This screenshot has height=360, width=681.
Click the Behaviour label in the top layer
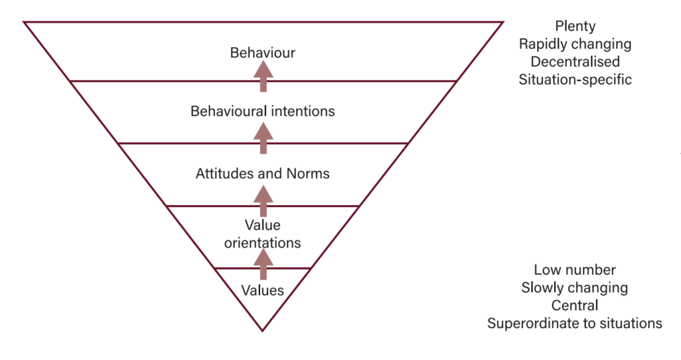[x=263, y=52]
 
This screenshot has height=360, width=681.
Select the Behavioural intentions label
[x=263, y=111]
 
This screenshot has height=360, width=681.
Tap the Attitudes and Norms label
[x=263, y=174]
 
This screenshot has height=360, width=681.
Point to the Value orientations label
[x=263, y=234]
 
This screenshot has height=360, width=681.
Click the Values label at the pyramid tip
[x=263, y=291]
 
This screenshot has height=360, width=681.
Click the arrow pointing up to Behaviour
[x=264, y=75]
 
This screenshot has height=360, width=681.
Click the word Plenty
[x=575, y=27]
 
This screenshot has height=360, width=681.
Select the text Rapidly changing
[x=575, y=45]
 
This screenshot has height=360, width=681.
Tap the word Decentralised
[x=575, y=62]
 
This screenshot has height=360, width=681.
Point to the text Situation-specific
[x=575, y=79]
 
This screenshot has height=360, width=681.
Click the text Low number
[x=575, y=270]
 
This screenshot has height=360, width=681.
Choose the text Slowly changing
[x=575, y=288]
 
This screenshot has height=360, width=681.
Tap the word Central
[x=575, y=305]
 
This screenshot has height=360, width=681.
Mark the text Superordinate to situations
[x=575, y=323]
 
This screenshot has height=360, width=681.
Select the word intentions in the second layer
[x=303, y=111]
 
